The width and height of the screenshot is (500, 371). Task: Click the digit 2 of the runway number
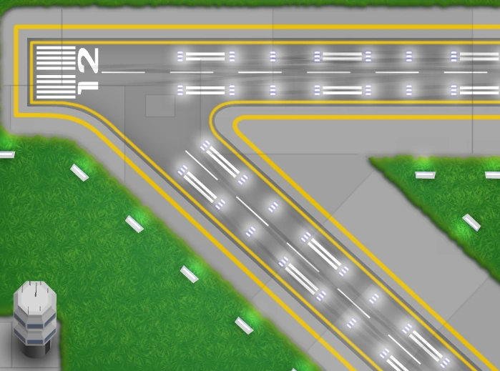(x=87, y=59)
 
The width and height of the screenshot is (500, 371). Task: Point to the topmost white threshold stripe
(x=56, y=48)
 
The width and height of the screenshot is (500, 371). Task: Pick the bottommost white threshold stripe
(x=56, y=97)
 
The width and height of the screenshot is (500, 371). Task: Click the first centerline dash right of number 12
(x=123, y=72)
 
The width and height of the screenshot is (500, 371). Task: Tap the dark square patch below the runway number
(x=160, y=105)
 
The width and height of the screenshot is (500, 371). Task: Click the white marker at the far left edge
(x=6, y=154)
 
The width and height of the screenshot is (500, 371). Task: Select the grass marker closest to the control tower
(x=190, y=274)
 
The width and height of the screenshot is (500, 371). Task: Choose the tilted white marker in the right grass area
(x=471, y=222)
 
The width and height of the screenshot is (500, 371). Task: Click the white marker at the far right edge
(x=493, y=175)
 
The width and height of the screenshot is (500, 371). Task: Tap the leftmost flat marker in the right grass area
(x=425, y=175)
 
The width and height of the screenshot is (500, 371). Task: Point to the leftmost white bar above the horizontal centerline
(x=205, y=56)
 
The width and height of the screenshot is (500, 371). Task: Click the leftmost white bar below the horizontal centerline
(x=205, y=90)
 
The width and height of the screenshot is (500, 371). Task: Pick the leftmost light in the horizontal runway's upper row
(x=180, y=56)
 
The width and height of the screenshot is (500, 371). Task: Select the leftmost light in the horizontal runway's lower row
(x=180, y=90)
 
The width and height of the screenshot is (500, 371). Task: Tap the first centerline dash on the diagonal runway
(x=201, y=165)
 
